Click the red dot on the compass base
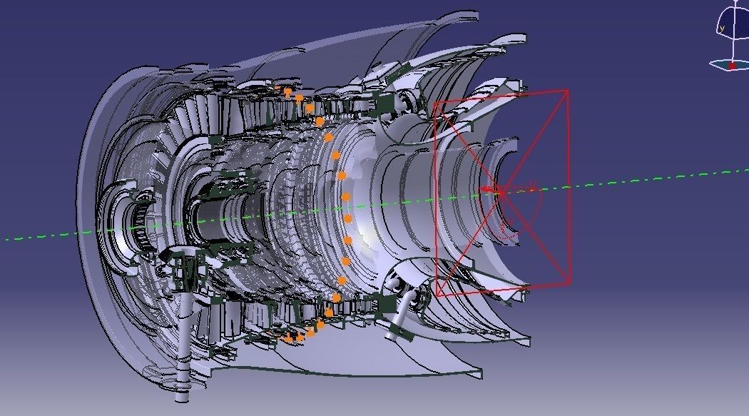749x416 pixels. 731,66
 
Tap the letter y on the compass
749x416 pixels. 722,29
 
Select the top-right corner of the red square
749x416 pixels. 568,90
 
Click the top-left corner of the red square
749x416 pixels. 434,103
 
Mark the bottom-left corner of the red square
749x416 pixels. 437,295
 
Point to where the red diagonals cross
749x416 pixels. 501,192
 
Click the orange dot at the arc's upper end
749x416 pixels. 287,91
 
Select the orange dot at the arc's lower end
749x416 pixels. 288,339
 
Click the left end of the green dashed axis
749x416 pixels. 7,240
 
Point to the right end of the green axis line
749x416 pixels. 745,170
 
